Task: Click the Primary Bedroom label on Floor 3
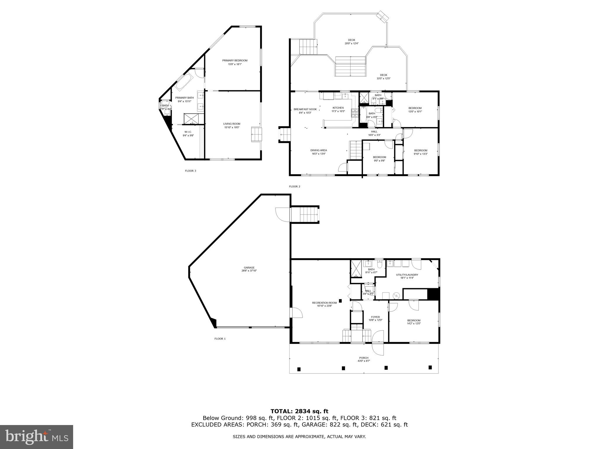coord(235,61)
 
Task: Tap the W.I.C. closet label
coord(188,132)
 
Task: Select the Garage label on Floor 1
coord(249,267)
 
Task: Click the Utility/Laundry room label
coord(407,275)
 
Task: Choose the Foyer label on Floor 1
coord(375,317)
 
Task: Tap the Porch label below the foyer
coord(364,358)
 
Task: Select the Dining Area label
coord(319,150)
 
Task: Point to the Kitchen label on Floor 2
coord(338,108)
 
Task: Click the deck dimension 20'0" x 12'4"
coord(351,44)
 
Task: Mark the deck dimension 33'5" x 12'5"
coord(383,78)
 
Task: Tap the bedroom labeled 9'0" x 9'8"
coord(379,157)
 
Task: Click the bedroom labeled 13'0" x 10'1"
coord(415,108)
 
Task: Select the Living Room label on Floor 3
coord(232,124)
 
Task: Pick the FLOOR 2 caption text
coord(295,186)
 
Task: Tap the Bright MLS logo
coord(37,437)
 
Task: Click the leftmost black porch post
coord(299,369)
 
